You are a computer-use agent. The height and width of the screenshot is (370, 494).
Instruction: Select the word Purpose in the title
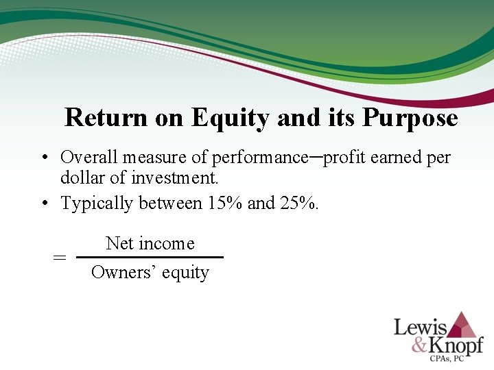[x=410, y=118]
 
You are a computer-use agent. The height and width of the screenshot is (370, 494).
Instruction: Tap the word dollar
[x=82, y=179]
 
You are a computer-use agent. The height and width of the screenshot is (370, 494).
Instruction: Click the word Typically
[x=97, y=203]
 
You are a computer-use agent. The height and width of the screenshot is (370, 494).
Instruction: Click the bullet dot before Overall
[x=43, y=158]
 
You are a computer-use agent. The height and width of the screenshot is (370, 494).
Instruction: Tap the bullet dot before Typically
[x=43, y=203]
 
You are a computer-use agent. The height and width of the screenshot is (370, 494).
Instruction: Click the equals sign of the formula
[x=60, y=258]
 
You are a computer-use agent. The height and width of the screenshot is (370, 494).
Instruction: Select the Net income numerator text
[x=150, y=243]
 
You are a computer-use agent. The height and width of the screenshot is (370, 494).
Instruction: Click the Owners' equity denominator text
[x=150, y=273]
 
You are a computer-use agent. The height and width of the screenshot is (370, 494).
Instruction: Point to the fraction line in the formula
[x=150, y=258]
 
